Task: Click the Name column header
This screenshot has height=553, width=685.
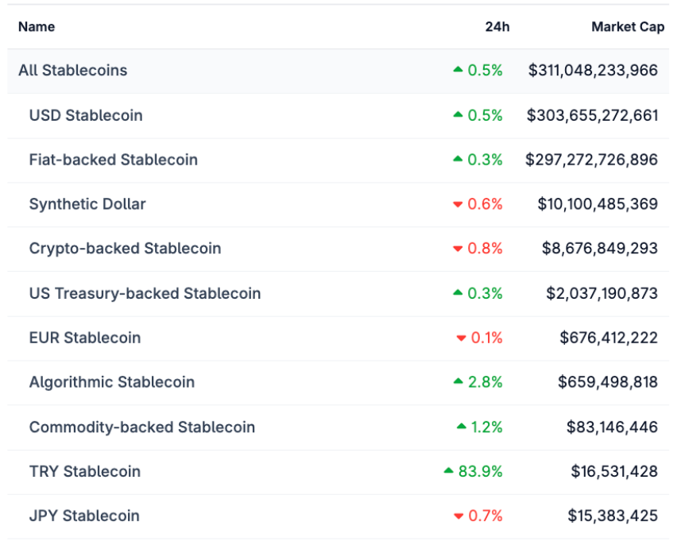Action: click(37, 27)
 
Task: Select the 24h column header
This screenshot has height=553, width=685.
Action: click(497, 27)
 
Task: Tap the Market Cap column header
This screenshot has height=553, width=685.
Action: click(627, 27)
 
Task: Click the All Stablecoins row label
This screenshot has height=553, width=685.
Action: click(72, 70)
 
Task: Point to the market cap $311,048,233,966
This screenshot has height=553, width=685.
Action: click(593, 70)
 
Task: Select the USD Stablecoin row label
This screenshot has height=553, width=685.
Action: click(86, 115)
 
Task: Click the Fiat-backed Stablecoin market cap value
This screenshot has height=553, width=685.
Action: click(591, 160)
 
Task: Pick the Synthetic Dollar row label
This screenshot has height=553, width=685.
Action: click(87, 204)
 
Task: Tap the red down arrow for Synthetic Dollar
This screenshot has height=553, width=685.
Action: click(458, 205)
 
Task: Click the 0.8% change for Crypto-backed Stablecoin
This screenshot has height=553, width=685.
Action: click(485, 249)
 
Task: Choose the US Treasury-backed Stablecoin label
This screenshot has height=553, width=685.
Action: click(145, 293)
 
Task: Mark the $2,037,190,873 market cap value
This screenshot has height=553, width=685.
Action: click(602, 293)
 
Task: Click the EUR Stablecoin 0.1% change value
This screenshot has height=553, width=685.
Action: click(486, 338)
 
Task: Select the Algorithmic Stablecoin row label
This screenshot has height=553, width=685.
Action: click(111, 382)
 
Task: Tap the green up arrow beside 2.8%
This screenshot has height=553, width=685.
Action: click(458, 381)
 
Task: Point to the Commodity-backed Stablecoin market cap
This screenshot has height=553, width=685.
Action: click(612, 427)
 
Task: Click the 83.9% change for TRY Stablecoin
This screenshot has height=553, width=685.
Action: click(480, 471)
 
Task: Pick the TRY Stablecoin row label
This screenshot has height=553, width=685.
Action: click(84, 471)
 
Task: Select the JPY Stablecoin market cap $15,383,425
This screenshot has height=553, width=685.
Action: click(613, 516)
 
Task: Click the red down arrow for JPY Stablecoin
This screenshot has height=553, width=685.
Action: click(458, 516)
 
